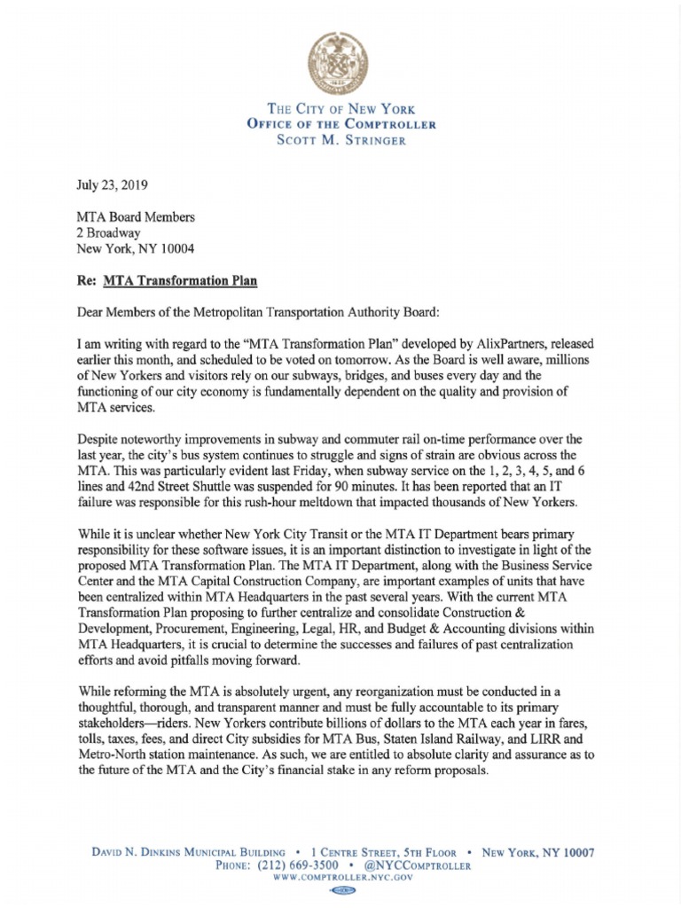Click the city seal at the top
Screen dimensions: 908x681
[340, 59]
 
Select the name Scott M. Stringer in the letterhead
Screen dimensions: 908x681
[340, 140]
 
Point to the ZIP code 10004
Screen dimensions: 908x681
[176, 249]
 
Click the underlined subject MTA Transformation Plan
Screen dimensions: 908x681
[180, 281]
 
